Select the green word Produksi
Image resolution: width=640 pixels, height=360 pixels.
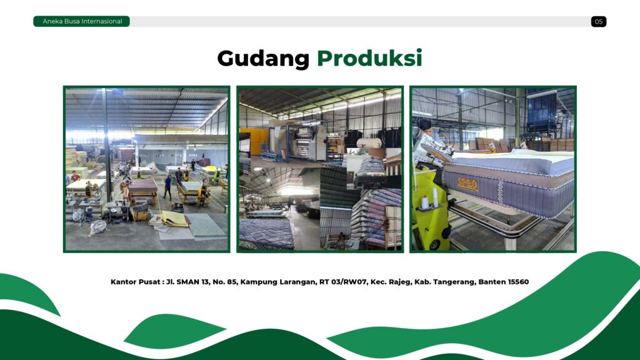(x=369, y=58)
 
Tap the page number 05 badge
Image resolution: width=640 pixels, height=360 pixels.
(x=598, y=22)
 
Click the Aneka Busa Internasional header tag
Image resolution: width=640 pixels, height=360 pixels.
(x=82, y=21)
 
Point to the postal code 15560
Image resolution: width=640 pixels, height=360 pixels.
(x=518, y=282)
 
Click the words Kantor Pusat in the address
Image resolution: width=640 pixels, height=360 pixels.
(x=135, y=282)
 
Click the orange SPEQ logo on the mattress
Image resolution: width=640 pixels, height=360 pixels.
(x=467, y=184)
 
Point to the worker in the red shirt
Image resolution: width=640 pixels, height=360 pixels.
(x=75, y=176)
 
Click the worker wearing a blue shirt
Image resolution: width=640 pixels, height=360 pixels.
(x=167, y=187)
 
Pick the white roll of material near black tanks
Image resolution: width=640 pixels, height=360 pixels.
(x=369, y=143)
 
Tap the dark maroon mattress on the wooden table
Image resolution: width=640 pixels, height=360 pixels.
(x=143, y=185)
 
